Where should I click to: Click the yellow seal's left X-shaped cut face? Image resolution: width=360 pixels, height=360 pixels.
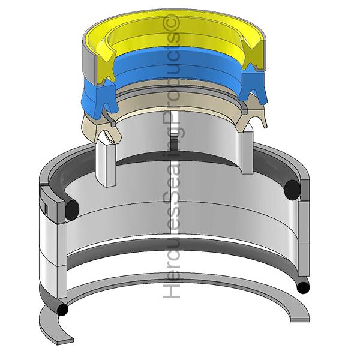point(104,67)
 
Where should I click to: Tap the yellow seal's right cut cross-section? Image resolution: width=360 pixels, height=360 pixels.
point(253,55)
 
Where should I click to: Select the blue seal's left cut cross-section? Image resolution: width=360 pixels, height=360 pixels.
point(106,99)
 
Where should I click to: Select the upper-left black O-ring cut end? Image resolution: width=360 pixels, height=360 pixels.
point(72,208)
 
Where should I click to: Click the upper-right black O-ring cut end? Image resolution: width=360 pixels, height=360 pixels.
point(292,190)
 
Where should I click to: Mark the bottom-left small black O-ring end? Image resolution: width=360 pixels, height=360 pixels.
point(62,310)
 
